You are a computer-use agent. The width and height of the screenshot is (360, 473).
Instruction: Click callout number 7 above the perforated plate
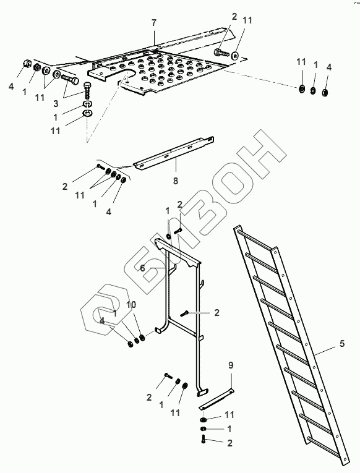point(154,23)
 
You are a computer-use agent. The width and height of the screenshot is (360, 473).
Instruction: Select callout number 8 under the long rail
point(176,181)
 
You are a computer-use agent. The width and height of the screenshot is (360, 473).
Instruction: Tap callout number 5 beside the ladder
point(342,343)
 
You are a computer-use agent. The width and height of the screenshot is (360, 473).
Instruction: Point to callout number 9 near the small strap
point(231,365)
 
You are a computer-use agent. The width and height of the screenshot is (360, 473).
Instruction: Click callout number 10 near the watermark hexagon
point(131,304)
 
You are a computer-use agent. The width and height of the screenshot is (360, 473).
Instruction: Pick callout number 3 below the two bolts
point(56,104)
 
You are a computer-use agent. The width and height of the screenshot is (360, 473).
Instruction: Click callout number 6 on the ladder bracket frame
point(142,268)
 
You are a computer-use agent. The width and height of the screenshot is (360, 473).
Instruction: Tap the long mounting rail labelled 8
point(174,153)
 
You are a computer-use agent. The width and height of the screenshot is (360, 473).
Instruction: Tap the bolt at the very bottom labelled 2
point(203,439)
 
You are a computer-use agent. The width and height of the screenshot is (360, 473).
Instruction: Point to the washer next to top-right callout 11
point(235,56)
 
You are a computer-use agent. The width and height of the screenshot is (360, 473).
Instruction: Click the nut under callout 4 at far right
point(325,92)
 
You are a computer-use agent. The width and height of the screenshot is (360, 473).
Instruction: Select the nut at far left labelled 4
point(27,63)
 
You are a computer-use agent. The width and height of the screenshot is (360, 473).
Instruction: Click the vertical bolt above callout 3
point(87,90)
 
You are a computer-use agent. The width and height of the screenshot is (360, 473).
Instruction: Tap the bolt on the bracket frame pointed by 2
point(184,313)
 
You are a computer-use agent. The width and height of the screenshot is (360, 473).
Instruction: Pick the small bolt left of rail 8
point(100,166)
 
